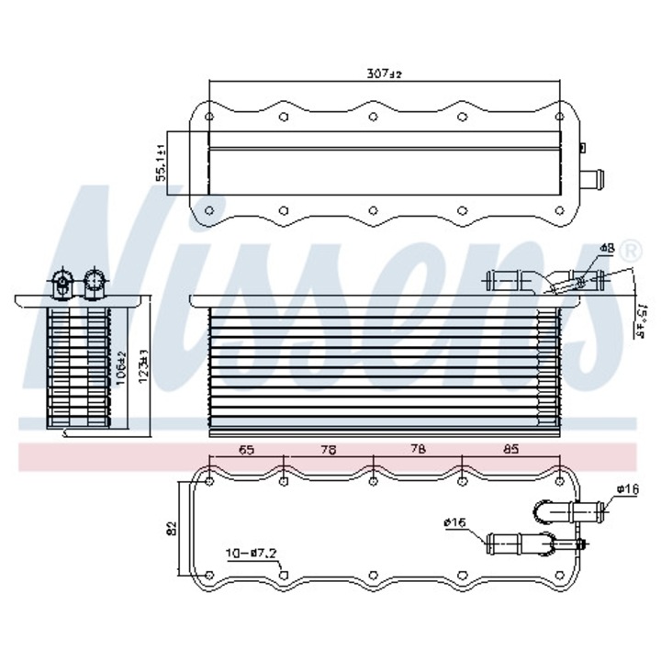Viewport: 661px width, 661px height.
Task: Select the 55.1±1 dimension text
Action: [161, 163]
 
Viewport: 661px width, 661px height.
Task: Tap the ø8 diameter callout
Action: [607, 249]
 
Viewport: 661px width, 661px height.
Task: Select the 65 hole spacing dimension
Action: [247, 450]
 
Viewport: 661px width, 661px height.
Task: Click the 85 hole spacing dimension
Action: [511, 450]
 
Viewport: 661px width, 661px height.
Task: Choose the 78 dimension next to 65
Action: [329, 450]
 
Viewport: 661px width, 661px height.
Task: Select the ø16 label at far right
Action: [628, 489]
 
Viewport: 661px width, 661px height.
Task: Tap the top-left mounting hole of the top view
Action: [209, 118]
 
